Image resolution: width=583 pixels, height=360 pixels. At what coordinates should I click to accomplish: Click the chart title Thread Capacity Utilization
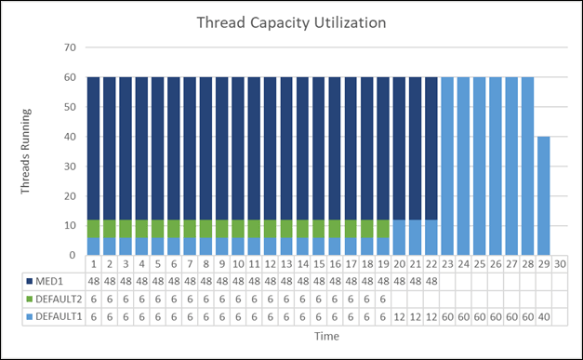pyautogui.click(x=291, y=22)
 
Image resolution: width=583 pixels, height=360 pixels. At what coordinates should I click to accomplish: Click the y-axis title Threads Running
pyautogui.click(x=28, y=151)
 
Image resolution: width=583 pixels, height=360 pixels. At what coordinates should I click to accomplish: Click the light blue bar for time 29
pyautogui.click(x=543, y=195)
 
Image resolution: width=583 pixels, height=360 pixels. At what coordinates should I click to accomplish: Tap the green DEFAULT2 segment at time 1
pyautogui.click(x=94, y=229)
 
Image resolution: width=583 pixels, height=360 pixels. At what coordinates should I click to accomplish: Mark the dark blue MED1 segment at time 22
pyautogui.click(x=431, y=149)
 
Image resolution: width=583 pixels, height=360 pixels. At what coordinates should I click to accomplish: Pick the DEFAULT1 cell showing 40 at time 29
pyautogui.click(x=543, y=316)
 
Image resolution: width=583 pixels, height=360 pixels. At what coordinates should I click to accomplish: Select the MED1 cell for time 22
pyautogui.click(x=431, y=279)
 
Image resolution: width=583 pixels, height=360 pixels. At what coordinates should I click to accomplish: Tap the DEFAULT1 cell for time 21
pyautogui.click(x=415, y=316)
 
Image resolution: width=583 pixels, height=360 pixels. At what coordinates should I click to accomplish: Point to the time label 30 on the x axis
pyautogui.click(x=559, y=263)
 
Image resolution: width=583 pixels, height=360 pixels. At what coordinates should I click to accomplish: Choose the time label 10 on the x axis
pyautogui.click(x=238, y=263)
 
